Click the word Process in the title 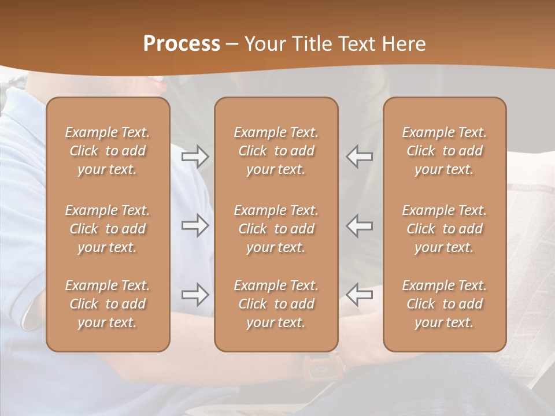pos(182,44)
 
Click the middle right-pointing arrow pos(195,225)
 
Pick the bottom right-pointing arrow pos(195,295)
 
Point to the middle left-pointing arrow pos(360,225)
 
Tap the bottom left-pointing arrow pos(360,295)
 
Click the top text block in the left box pos(108,151)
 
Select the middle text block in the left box pos(108,229)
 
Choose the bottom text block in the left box pos(108,304)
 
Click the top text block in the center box pos(276,151)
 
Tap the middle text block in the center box pos(276,229)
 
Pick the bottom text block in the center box pos(276,304)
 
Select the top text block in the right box pos(444,151)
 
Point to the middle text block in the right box pos(444,229)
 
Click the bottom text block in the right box pos(444,304)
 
